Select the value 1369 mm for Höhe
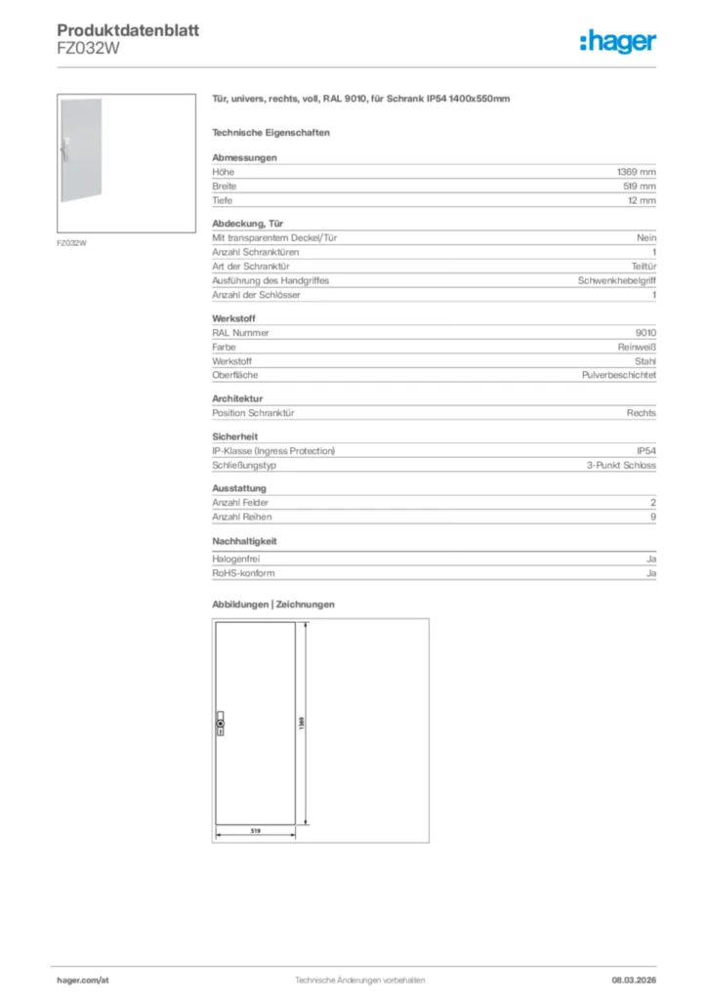click(636, 171)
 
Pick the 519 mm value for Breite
click(639, 186)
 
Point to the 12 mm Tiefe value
click(642, 200)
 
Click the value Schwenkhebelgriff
click(617, 280)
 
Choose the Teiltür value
click(643, 266)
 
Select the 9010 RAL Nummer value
click(645, 332)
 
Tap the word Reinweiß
click(637, 347)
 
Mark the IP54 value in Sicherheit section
click(645, 451)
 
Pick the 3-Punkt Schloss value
click(621, 466)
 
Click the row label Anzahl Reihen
click(241, 517)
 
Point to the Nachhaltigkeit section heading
click(245, 540)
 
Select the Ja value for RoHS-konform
click(650, 573)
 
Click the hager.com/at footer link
click(83, 979)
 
